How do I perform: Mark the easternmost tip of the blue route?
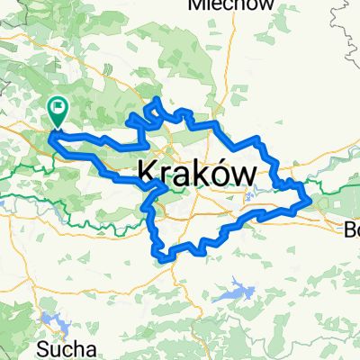click(x=310, y=199)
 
